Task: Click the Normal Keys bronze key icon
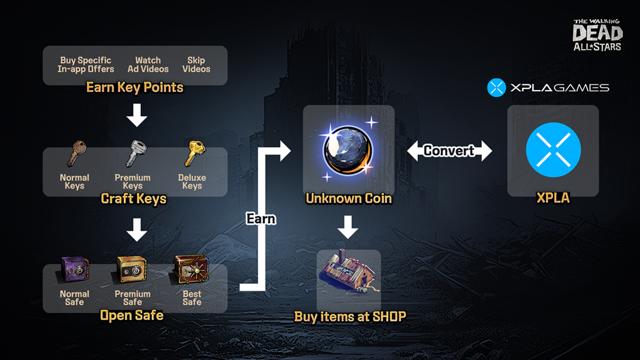point(75,154)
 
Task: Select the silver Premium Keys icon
point(133,154)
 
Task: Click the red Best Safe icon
point(191,269)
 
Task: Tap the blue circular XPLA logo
point(553,150)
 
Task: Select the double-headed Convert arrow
point(449,150)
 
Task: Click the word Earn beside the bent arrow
point(261,218)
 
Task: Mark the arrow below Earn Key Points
point(137,115)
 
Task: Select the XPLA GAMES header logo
point(548,88)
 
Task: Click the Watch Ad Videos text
point(148,65)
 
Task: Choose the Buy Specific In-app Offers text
point(85,65)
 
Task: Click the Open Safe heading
point(131,316)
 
